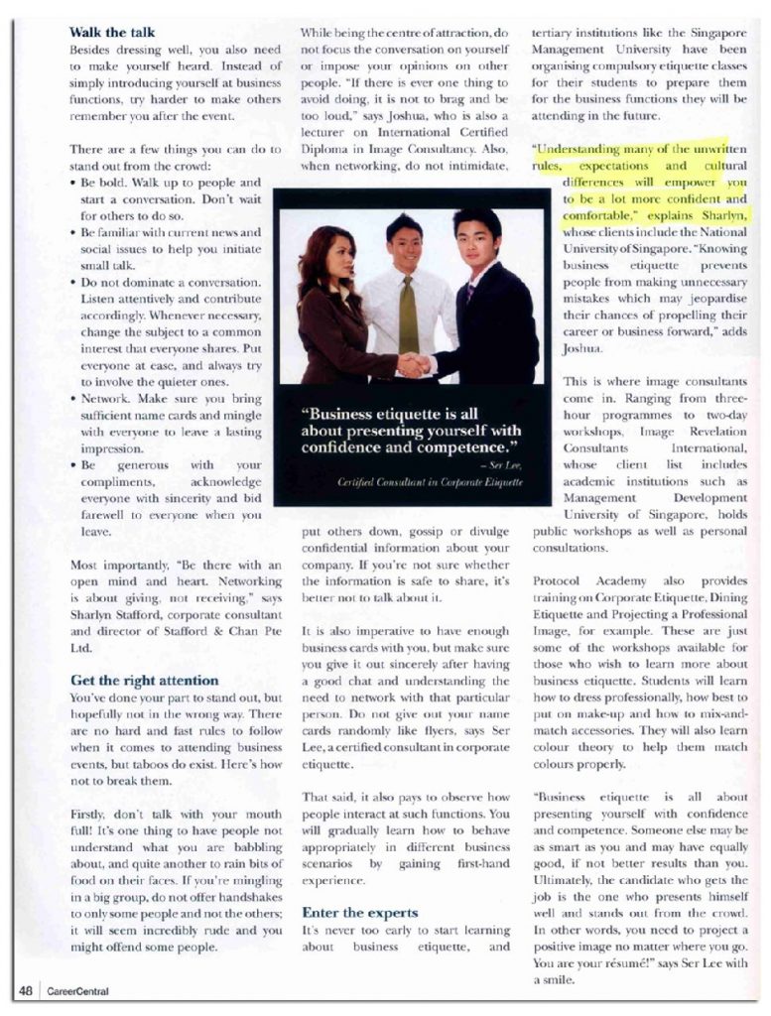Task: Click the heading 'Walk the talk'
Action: pyautogui.click(x=112, y=32)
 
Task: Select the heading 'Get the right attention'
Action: pyautogui.click(x=144, y=680)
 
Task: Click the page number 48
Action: pyautogui.click(x=26, y=990)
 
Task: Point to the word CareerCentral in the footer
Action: pyautogui.click(x=77, y=990)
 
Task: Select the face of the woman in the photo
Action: pyautogui.click(x=339, y=255)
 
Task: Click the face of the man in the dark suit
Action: pyautogui.click(x=474, y=237)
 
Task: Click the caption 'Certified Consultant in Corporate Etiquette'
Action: pyautogui.click(x=430, y=480)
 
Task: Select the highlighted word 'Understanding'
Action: pyautogui.click(x=581, y=149)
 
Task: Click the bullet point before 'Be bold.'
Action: pyautogui.click(x=75, y=184)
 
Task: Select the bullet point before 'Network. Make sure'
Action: pyautogui.click(x=75, y=396)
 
